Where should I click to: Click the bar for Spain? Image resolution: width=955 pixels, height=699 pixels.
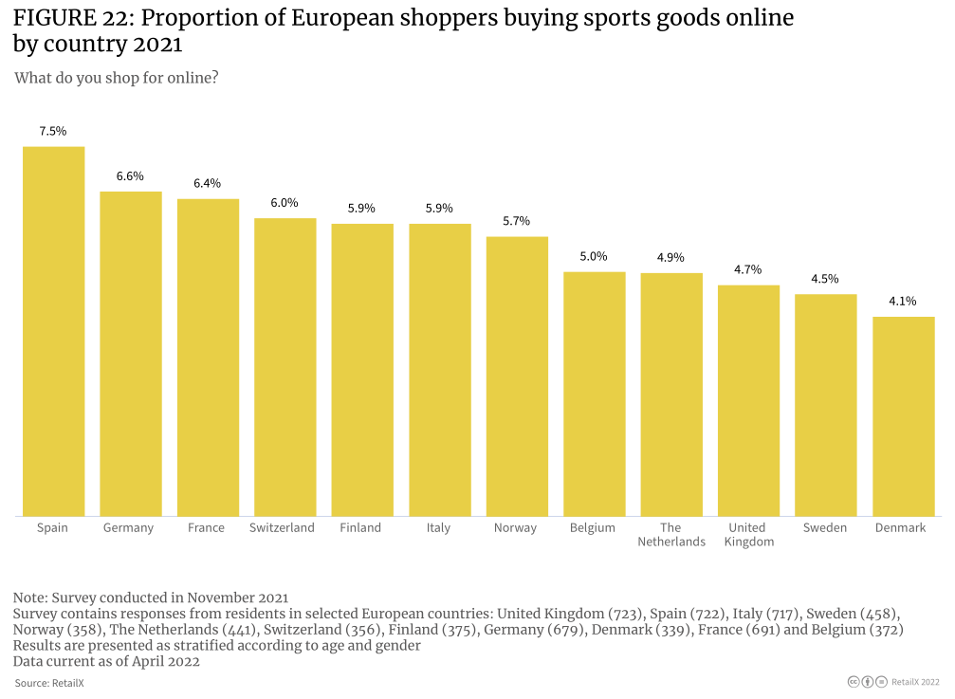pos(53,331)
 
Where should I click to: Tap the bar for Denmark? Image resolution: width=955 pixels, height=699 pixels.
pos(903,416)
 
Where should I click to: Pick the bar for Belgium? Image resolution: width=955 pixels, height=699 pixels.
pos(595,394)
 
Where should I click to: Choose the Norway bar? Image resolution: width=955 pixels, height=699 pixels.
pos(517,377)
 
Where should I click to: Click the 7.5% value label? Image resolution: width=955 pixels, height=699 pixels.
pos(53,132)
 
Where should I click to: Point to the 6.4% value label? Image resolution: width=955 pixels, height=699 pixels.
pos(208,183)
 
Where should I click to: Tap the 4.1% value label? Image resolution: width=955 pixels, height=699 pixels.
pos(903,302)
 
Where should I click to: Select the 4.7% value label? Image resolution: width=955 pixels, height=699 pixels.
pos(748,269)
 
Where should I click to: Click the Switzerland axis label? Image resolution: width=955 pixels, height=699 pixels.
pos(282,528)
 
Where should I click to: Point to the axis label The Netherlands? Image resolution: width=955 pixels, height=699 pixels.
pos(671,535)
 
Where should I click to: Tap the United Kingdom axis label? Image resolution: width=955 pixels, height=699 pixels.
pos(747,535)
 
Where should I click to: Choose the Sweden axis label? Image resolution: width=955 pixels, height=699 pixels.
pos(825,528)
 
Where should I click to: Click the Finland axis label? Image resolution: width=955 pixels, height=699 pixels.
pos(360,528)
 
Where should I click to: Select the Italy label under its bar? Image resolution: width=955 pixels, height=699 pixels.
pos(438,528)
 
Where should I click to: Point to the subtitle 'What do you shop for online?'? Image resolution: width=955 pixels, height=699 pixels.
pos(117,78)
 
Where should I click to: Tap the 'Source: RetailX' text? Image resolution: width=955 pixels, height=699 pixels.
pos(49,683)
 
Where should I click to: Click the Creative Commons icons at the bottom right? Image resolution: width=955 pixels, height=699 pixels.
pos(867,682)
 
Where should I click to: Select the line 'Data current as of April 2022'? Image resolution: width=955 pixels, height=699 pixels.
pos(106,662)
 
